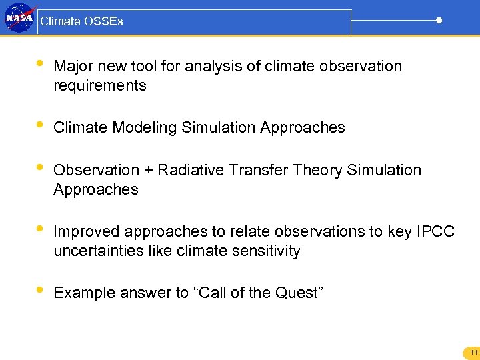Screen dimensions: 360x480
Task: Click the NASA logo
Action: click(19, 19)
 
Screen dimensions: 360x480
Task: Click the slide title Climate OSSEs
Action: click(81, 21)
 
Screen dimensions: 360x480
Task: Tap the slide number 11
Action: click(473, 353)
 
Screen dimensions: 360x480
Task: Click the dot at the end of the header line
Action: click(439, 20)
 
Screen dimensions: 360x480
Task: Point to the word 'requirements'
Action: click(99, 86)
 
